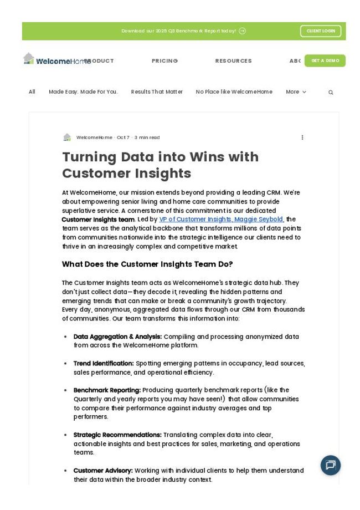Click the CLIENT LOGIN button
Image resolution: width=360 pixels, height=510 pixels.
321,31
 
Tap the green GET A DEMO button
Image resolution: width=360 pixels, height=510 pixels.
325,60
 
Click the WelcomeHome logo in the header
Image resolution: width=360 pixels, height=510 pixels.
56,60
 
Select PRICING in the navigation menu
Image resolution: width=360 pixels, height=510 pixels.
164,61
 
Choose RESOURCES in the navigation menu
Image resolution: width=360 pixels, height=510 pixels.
233,61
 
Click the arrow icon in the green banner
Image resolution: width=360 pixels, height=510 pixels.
242,31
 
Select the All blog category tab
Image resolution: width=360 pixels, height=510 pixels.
32,92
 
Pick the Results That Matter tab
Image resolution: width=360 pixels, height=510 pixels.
157,92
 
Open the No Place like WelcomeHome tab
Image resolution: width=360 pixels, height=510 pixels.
234,92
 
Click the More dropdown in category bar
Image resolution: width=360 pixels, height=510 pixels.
296,92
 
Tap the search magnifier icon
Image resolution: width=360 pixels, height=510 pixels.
331,93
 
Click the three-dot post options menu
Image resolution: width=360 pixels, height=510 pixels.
302,137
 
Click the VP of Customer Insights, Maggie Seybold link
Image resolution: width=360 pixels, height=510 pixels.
221,220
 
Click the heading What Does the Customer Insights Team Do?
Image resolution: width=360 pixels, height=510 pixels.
147,264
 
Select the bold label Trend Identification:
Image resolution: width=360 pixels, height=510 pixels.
104,364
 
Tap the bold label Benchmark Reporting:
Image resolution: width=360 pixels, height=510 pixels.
107,390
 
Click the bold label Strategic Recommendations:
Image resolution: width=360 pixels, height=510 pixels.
117,435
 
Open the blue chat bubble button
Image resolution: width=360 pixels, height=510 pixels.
331,465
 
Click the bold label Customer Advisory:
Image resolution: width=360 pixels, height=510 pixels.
103,471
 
